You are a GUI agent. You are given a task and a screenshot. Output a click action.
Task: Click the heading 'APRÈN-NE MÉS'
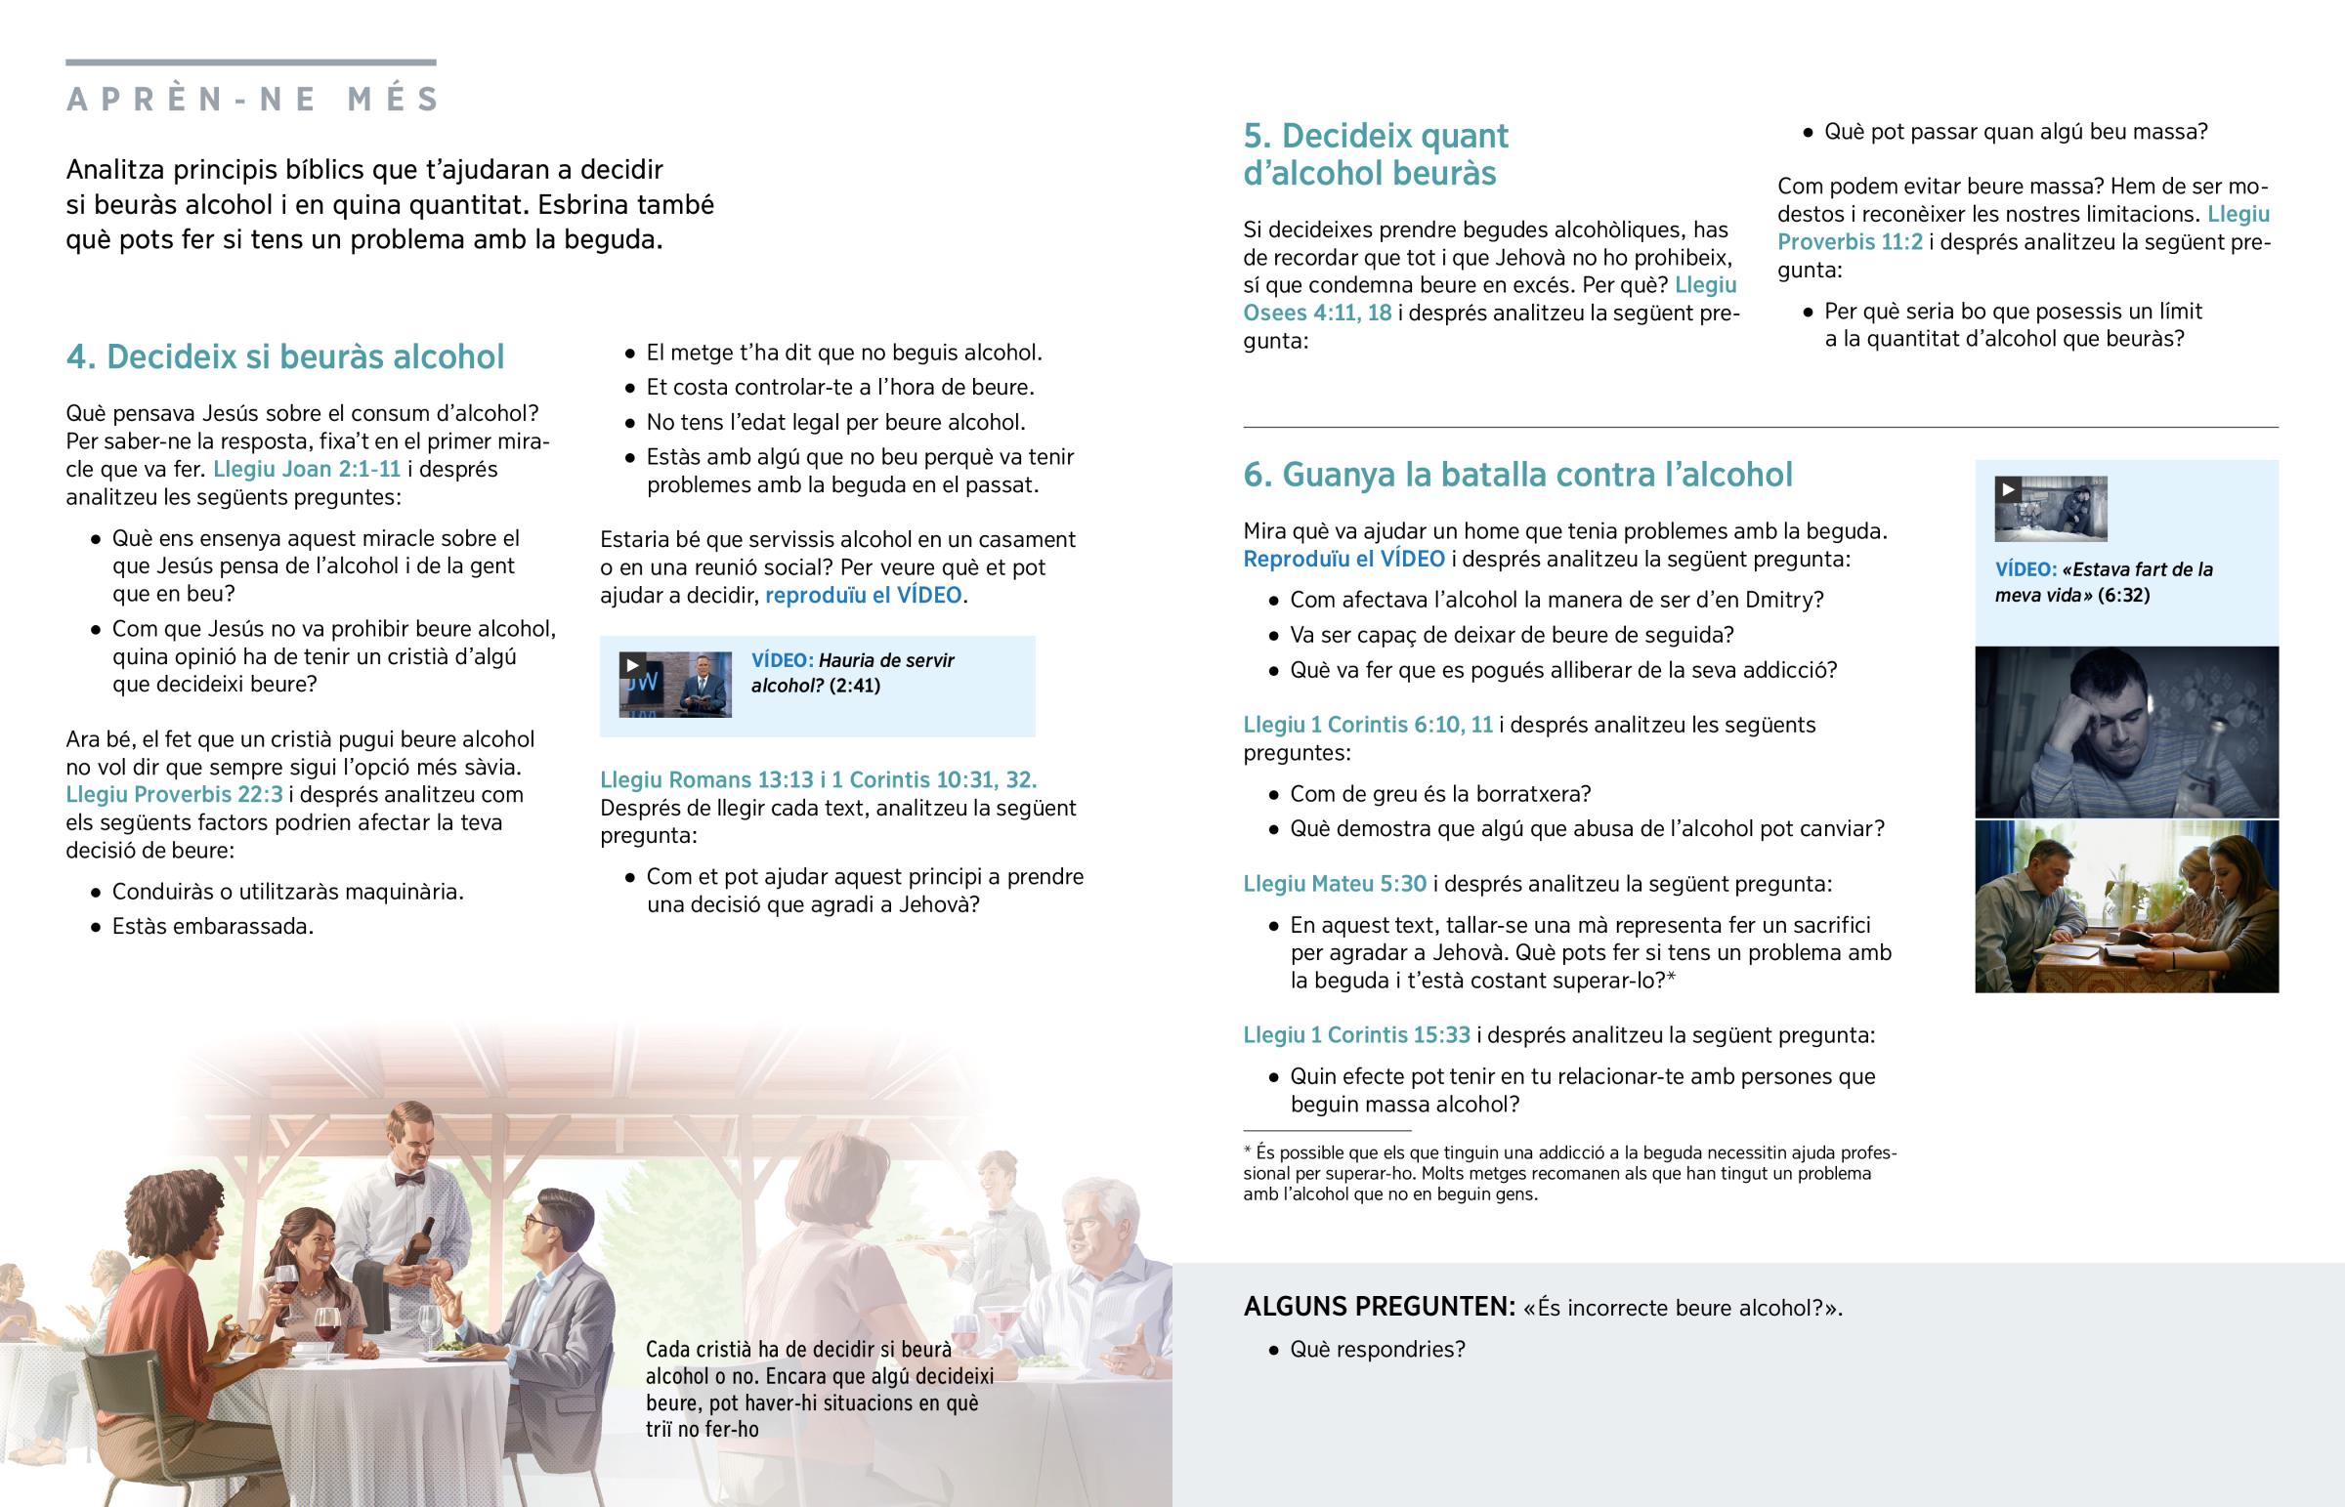point(252,99)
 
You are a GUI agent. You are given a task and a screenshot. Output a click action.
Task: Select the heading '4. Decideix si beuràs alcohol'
point(284,357)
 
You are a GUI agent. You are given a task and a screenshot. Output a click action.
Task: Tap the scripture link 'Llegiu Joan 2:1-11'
point(307,469)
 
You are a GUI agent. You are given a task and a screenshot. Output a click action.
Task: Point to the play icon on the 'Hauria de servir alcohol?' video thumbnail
point(632,665)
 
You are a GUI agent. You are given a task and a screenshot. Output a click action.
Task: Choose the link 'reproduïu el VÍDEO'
point(863,595)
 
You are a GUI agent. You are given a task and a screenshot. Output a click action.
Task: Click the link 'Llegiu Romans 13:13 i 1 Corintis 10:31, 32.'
point(818,780)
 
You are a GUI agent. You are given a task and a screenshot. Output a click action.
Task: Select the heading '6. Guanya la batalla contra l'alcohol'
point(1517,475)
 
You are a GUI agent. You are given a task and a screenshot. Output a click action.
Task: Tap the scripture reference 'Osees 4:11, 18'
point(1316,314)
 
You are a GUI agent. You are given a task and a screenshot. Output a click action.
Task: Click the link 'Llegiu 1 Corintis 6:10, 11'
point(1367,725)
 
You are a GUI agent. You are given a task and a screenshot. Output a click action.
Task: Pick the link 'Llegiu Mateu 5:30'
point(1334,884)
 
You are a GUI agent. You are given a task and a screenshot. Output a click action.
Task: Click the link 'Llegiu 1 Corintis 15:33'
point(1355,1035)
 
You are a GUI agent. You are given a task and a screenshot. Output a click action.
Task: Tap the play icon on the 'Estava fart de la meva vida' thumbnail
point(2007,489)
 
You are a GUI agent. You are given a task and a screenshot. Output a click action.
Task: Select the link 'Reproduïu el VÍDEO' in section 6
point(1343,559)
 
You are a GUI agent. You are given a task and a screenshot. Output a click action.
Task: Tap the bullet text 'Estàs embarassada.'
point(212,927)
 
